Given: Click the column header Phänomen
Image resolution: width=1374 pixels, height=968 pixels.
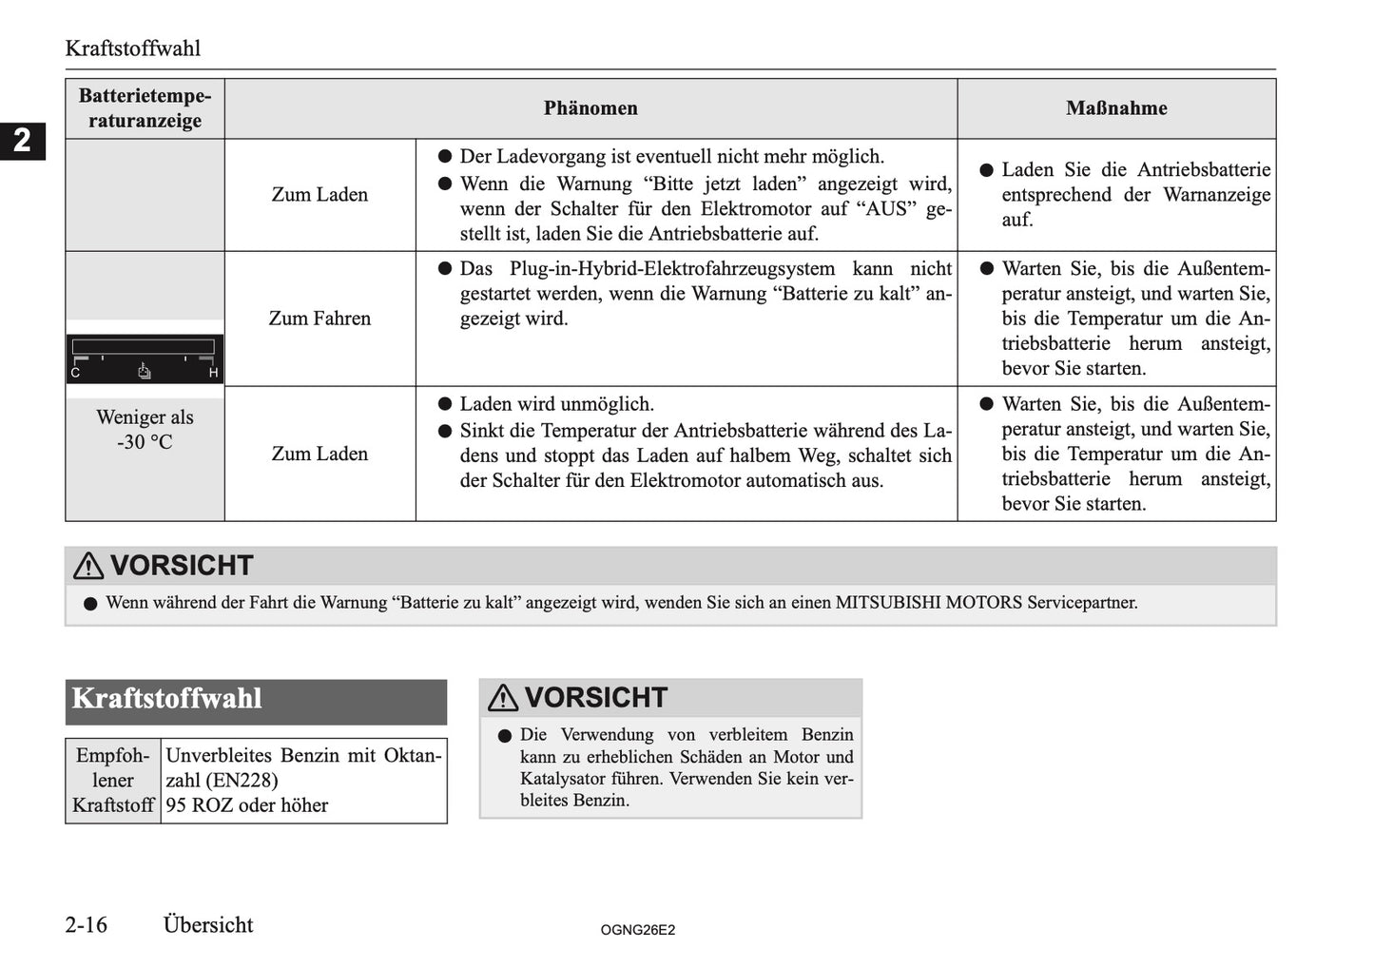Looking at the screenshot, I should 590,108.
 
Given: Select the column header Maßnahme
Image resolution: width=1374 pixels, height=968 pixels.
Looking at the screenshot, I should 1116,108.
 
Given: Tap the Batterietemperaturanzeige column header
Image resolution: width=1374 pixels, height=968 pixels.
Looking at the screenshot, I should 145,108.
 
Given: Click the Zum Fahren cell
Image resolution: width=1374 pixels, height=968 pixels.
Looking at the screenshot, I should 319,319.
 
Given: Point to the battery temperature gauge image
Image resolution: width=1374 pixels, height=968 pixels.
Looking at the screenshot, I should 145,358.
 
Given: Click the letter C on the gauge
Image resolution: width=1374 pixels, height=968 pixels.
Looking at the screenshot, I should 76,373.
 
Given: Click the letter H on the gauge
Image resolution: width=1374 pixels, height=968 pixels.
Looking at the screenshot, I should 213,373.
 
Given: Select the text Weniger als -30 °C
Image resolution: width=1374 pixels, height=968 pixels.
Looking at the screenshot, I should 145,430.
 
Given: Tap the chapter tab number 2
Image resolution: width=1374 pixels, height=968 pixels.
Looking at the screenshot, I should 22,141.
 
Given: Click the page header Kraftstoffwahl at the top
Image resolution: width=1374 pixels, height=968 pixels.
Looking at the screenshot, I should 132,48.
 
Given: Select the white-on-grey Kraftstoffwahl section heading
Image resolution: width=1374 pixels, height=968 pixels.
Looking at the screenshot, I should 167,699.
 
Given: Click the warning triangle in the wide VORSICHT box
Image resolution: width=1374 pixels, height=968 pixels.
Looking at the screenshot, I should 88,566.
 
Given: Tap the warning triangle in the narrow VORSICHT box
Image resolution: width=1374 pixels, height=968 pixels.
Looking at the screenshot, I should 503,698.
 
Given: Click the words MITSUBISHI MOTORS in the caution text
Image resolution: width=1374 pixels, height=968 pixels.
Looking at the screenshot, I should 929,603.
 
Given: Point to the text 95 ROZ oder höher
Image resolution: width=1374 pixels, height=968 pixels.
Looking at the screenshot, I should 247,805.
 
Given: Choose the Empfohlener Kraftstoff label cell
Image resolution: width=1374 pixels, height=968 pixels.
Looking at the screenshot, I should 113,781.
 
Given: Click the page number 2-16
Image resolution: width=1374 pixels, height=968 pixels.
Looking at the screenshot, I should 87,925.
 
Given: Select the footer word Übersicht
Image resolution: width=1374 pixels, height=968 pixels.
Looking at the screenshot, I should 208,925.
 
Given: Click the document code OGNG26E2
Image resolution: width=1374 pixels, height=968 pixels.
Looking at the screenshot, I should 637,930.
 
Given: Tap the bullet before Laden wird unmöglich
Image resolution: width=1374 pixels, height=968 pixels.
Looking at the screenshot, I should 444,404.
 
